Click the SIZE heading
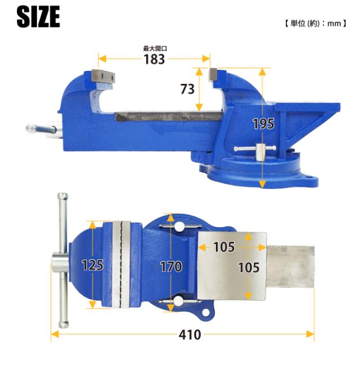[38, 16]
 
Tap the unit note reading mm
[334, 24]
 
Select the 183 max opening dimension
[154, 59]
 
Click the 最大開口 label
[155, 48]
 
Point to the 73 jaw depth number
[187, 89]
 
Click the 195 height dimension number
[263, 124]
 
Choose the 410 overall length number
[190, 335]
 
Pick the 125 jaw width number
[92, 265]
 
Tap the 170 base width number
[171, 267]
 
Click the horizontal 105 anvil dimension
[224, 247]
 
